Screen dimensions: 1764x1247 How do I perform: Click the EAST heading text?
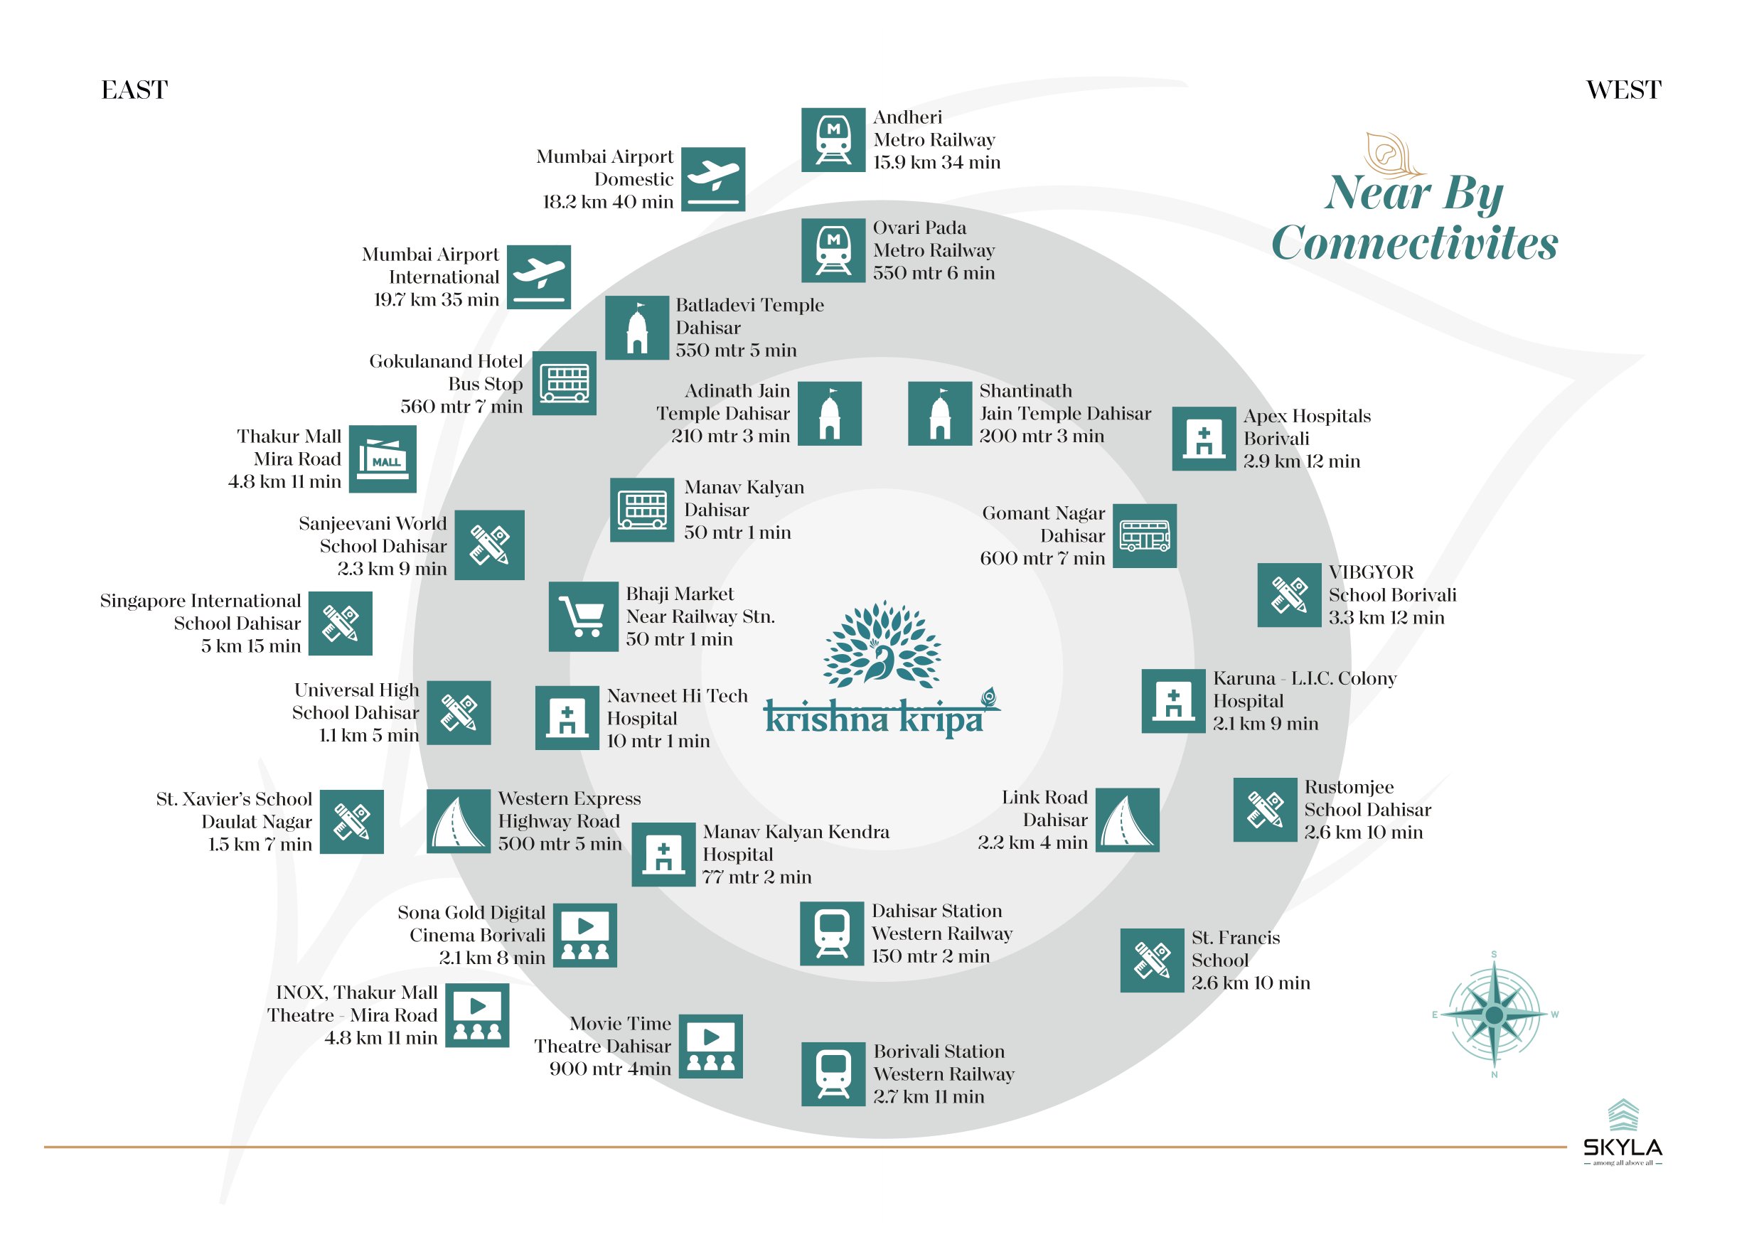pos(134,90)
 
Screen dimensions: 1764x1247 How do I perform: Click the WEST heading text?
pos(1623,90)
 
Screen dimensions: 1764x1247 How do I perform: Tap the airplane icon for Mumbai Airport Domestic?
pos(713,179)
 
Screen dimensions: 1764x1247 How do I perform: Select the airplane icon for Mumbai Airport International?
pos(538,277)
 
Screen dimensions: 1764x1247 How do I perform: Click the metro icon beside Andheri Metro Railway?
pos(833,140)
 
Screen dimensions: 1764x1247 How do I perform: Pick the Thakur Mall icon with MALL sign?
pos(383,459)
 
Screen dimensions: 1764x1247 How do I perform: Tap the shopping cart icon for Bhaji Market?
pos(583,616)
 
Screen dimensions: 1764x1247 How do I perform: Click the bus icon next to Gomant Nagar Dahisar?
pos(1144,535)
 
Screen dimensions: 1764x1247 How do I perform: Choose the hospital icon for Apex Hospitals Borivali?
pos(1204,439)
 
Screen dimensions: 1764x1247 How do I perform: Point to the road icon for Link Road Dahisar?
pos(1127,820)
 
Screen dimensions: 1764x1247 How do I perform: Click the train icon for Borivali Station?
pos(833,1074)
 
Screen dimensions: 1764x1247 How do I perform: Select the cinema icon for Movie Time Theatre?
pos(711,1047)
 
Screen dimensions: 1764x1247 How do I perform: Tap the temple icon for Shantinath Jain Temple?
pos(940,413)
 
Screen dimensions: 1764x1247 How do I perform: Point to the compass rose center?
pos(1494,1015)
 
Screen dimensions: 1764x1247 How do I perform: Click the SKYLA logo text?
pos(1623,1148)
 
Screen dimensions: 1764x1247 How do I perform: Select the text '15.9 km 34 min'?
pos(936,162)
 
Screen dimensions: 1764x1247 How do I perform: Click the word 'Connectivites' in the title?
pos(1414,244)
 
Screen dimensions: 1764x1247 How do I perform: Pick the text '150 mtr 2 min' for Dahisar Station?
pos(931,956)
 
